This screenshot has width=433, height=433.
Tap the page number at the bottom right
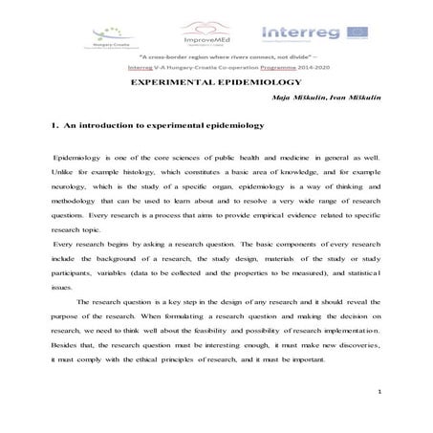point(380,392)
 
